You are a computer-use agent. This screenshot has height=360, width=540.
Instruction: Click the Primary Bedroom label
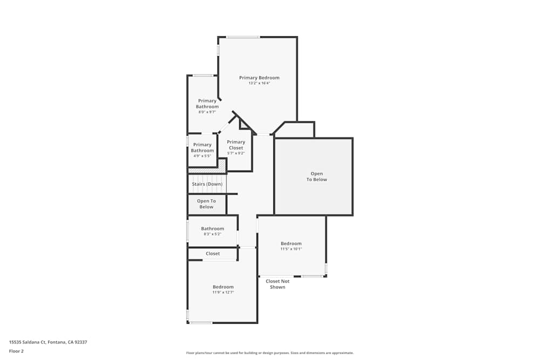(259, 78)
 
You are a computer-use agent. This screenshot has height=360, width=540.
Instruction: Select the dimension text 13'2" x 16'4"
(259, 83)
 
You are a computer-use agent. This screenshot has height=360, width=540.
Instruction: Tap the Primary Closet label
(236, 145)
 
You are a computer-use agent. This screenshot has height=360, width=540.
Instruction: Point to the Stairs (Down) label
(207, 184)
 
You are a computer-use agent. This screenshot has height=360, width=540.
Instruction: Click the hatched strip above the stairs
(206, 170)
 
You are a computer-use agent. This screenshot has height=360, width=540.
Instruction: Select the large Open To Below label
(316, 176)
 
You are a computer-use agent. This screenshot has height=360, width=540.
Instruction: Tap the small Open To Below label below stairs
(206, 204)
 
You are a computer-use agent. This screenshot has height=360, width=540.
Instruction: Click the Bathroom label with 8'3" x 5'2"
(212, 229)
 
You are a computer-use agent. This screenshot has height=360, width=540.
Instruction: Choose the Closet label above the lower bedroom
(213, 254)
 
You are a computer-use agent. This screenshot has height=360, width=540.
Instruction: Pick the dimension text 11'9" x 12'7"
(223, 293)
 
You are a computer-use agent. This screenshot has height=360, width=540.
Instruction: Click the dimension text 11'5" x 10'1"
(291, 249)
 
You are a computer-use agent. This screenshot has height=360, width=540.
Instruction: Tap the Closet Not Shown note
(278, 284)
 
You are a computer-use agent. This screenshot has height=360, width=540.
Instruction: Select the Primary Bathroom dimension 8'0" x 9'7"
(207, 112)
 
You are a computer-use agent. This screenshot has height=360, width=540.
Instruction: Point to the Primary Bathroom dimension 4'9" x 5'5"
(202, 156)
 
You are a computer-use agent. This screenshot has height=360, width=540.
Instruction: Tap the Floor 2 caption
(16, 351)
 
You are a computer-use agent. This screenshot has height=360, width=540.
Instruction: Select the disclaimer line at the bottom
(270, 353)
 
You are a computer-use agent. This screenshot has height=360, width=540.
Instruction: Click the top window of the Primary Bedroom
(242, 37)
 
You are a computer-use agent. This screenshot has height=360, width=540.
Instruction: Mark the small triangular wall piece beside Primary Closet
(244, 125)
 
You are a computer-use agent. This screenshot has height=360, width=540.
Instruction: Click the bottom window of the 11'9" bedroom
(201, 323)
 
